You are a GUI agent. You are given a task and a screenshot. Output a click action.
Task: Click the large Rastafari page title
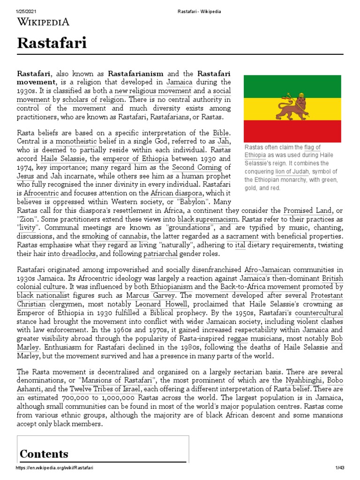pos(52,45)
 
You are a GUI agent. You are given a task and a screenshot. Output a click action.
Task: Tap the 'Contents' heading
pos(44,454)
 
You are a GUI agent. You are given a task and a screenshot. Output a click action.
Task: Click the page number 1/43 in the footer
pos(339,468)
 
